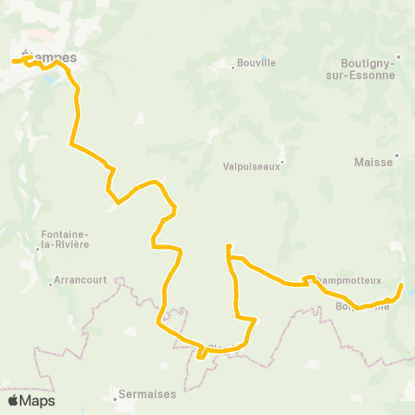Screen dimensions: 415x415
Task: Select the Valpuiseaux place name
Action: pyautogui.click(x=251, y=168)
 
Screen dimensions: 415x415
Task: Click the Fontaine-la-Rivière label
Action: pyautogui.click(x=65, y=239)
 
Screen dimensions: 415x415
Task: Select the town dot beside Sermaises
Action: pyautogui.click(x=116, y=399)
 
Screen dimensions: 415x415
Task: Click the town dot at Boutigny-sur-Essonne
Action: pyautogui.click(x=398, y=61)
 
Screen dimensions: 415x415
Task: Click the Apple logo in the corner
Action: pyautogui.click(x=13, y=400)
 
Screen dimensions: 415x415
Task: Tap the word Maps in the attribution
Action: pyautogui.click(x=37, y=401)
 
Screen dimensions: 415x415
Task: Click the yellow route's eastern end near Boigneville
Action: pyautogui.click(x=401, y=284)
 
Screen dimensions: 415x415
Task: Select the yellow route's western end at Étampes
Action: pyautogui.click(x=15, y=61)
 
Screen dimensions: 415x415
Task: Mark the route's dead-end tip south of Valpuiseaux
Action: pyautogui.click(x=228, y=247)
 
